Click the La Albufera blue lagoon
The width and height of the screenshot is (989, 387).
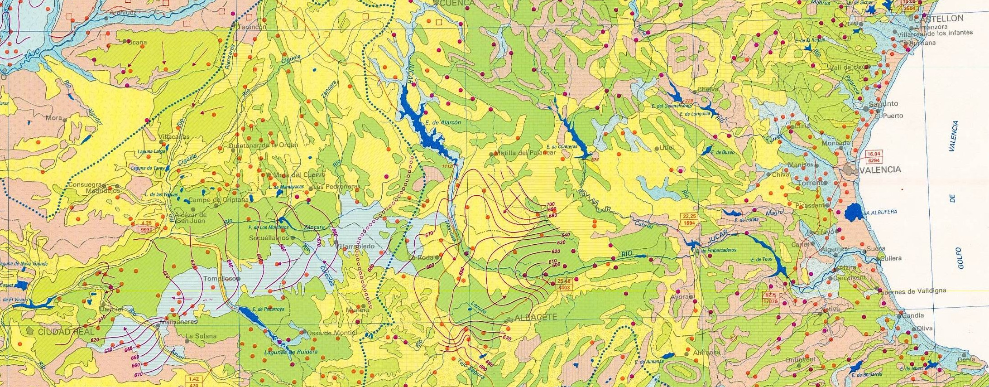coord(854,212)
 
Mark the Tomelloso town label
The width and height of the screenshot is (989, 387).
coord(220,279)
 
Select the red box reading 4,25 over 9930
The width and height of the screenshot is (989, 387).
coord(146,227)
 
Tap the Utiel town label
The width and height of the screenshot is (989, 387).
coord(667,148)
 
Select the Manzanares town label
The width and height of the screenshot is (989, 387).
coord(179,322)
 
